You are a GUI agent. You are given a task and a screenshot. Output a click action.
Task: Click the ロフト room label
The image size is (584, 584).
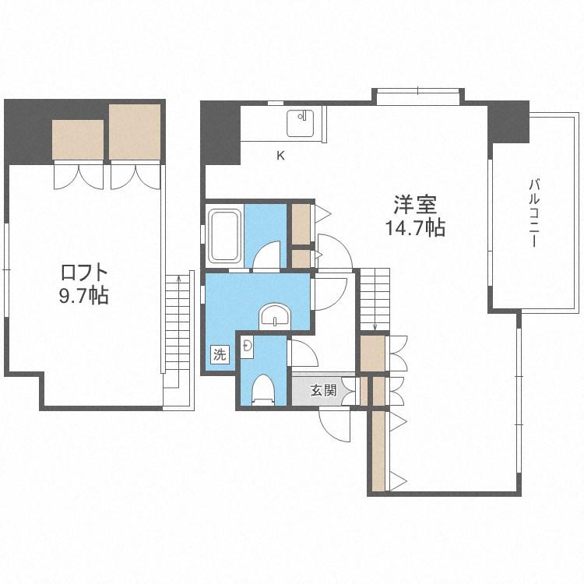(x=84, y=273)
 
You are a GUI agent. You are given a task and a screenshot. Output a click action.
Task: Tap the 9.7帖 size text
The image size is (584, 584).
(x=84, y=296)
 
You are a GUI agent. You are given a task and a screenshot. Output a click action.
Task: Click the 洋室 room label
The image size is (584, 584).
(x=415, y=205)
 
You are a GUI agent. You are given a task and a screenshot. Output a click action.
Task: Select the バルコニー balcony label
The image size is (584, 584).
(x=534, y=213)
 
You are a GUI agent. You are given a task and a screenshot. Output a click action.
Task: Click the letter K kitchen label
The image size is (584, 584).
(x=280, y=155)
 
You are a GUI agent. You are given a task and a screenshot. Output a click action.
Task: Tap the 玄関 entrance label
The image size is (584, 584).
(x=324, y=390)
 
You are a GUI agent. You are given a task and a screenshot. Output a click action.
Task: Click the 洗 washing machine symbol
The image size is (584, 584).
(x=220, y=354)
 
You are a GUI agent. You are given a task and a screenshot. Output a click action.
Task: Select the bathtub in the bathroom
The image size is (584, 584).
(x=223, y=236)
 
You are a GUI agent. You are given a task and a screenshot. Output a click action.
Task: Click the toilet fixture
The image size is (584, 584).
(x=263, y=389)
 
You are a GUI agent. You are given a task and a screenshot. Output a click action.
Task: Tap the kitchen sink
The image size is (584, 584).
(x=301, y=123)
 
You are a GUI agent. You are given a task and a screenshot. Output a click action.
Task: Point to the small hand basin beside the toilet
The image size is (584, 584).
(x=247, y=347)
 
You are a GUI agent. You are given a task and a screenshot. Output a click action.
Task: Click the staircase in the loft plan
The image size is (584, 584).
(x=179, y=339)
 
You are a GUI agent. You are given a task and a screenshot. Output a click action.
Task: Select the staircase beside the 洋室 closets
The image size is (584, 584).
(x=375, y=300)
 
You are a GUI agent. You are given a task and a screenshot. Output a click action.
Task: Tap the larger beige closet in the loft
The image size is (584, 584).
(x=135, y=132)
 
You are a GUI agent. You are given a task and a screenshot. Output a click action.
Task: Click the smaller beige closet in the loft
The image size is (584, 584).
(x=78, y=139)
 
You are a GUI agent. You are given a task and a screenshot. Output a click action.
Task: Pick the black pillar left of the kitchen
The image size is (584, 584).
(x=221, y=133)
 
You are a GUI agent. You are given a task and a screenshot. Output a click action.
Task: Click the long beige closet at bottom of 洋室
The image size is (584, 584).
(x=378, y=451)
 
